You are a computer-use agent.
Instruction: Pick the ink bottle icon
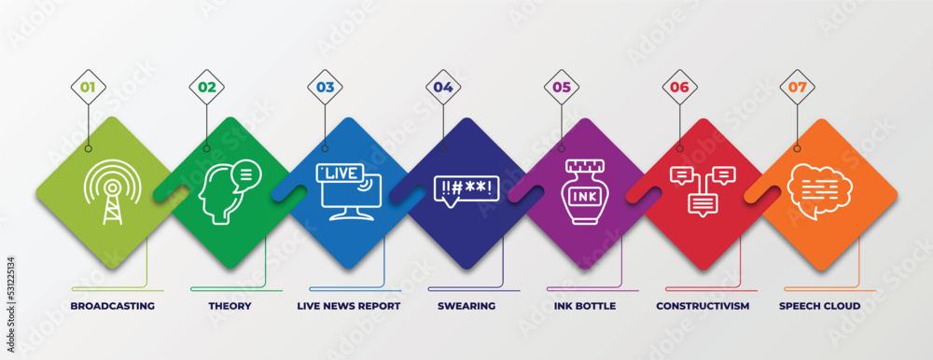click(x=584, y=193)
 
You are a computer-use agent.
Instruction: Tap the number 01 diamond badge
click(x=89, y=87)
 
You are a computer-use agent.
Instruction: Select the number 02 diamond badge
click(x=206, y=87)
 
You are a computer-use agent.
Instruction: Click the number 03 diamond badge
click(x=325, y=87)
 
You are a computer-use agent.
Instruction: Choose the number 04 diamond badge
click(x=443, y=87)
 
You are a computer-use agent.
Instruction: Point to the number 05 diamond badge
click(x=562, y=87)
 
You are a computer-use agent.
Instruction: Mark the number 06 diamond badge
click(x=679, y=87)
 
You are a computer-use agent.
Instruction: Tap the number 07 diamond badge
click(x=798, y=87)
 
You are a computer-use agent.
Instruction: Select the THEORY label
click(x=230, y=306)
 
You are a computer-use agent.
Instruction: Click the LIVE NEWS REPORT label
click(x=348, y=306)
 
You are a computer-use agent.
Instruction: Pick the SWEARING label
click(x=466, y=306)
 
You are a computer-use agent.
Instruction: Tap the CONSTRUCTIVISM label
click(x=703, y=306)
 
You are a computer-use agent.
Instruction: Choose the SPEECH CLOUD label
click(x=819, y=306)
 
